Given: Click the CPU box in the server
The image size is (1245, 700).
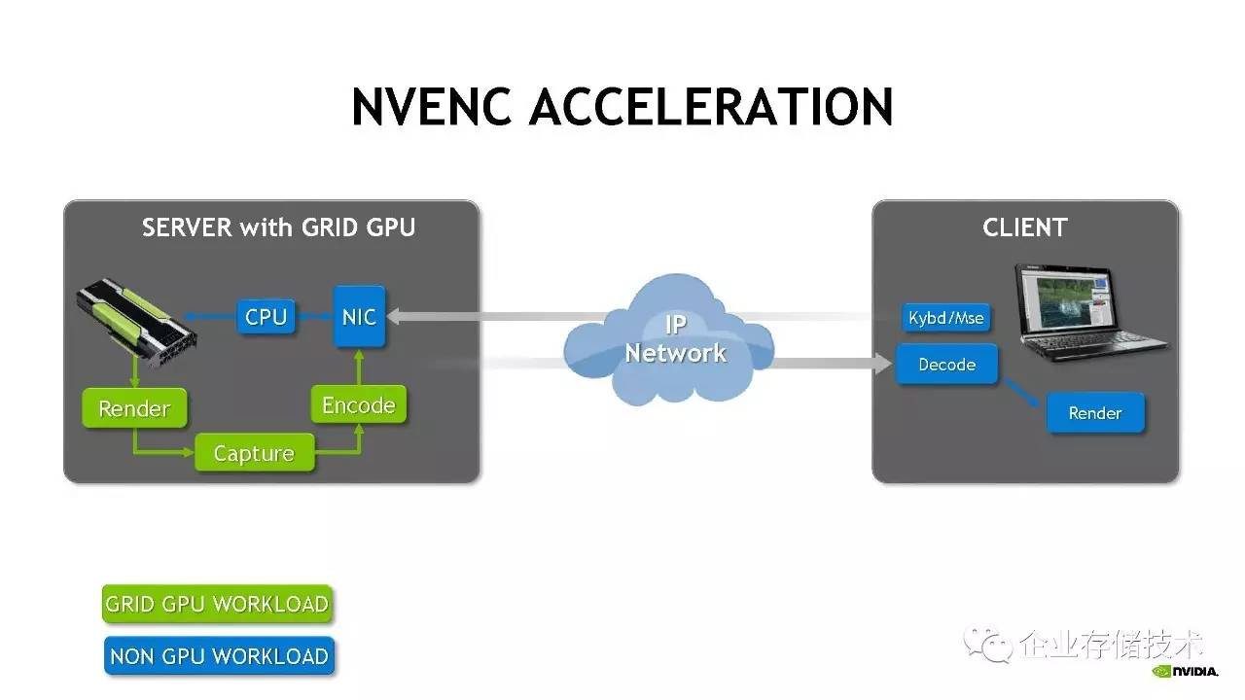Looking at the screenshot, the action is tap(266, 317).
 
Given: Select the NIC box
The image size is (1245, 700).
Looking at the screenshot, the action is tap(359, 317).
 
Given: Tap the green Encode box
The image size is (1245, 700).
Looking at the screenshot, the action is tap(359, 404).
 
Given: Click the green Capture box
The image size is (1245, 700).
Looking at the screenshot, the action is tap(254, 453).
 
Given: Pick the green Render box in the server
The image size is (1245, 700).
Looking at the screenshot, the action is tap(134, 408).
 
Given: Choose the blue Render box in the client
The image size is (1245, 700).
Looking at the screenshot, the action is tap(1095, 413).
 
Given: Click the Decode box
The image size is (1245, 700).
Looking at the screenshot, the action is tap(946, 365).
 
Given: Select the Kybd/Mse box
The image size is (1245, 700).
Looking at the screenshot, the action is tap(946, 318).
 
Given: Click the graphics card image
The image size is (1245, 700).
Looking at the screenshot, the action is tap(136, 322).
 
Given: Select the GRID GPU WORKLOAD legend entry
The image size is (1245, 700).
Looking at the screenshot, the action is tap(217, 604).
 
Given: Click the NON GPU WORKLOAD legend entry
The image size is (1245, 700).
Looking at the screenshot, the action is tap(219, 655).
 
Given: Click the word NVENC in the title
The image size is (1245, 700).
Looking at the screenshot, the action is tap(431, 107).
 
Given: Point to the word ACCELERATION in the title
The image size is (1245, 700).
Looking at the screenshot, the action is tap(711, 107).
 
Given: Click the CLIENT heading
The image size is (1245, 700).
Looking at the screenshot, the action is tap(1025, 227).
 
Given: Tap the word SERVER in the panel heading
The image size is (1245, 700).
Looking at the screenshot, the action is tap(187, 227).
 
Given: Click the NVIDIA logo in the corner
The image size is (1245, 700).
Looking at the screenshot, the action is tap(1185, 671).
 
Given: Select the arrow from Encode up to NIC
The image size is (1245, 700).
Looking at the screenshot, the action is tap(359, 367).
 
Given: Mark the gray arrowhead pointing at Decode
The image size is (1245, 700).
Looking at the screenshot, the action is tap(884, 364).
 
